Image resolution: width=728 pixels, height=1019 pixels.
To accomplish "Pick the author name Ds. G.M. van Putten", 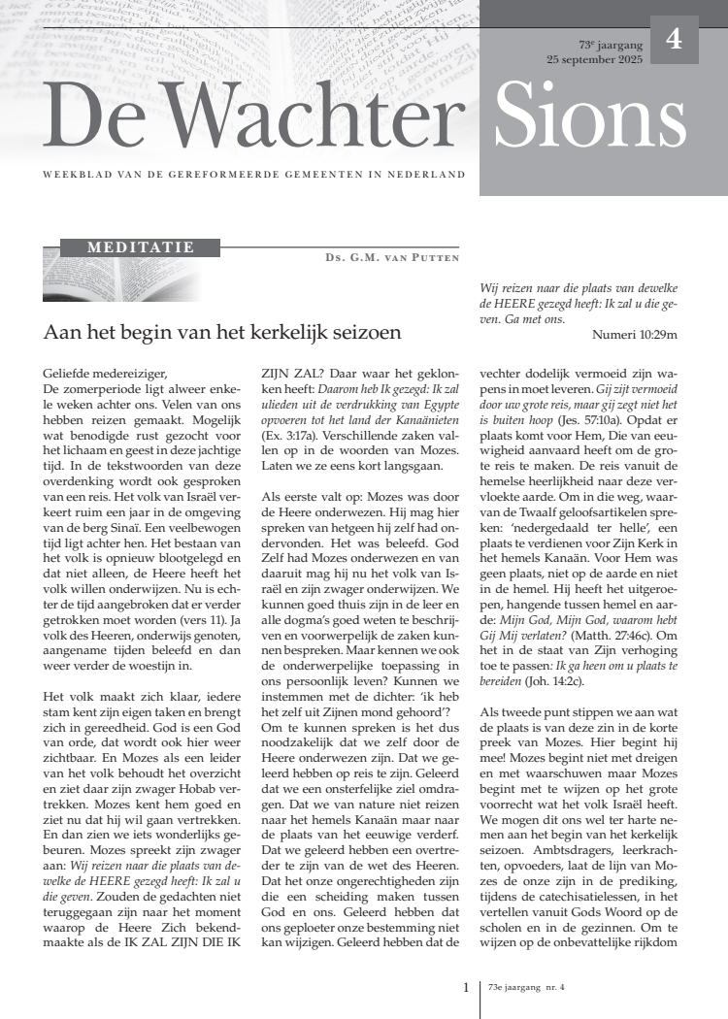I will click(x=392, y=258).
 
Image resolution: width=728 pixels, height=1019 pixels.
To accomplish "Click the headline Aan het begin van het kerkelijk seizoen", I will click(x=222, y=332).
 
